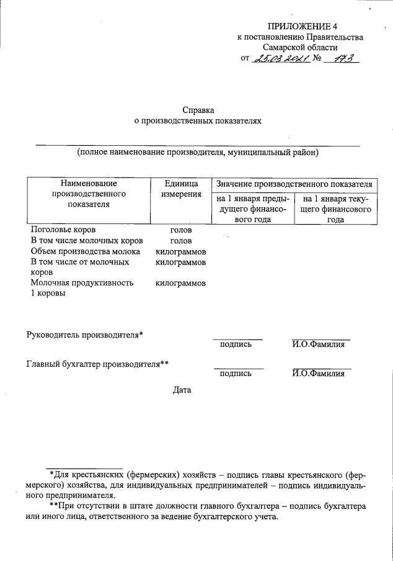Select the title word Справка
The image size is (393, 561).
(198, 110)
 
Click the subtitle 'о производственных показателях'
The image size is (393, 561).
(198, 122)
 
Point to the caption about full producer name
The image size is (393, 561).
(198, 152)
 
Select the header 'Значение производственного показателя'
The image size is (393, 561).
(293, 184)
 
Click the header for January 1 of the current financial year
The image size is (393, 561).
(335, 209)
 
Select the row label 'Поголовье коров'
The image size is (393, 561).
(63, 230)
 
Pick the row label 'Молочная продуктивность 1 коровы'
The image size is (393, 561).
(82, 289)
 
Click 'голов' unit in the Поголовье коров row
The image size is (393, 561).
(181, 230)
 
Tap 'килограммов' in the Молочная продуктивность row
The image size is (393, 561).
(181, 284)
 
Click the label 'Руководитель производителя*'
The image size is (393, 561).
(85, 335)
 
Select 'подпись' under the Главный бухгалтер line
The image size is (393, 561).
(236, 374)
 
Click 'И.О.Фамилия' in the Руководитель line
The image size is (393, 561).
(318, 345)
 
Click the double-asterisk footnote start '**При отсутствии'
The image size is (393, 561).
(86, 506)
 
